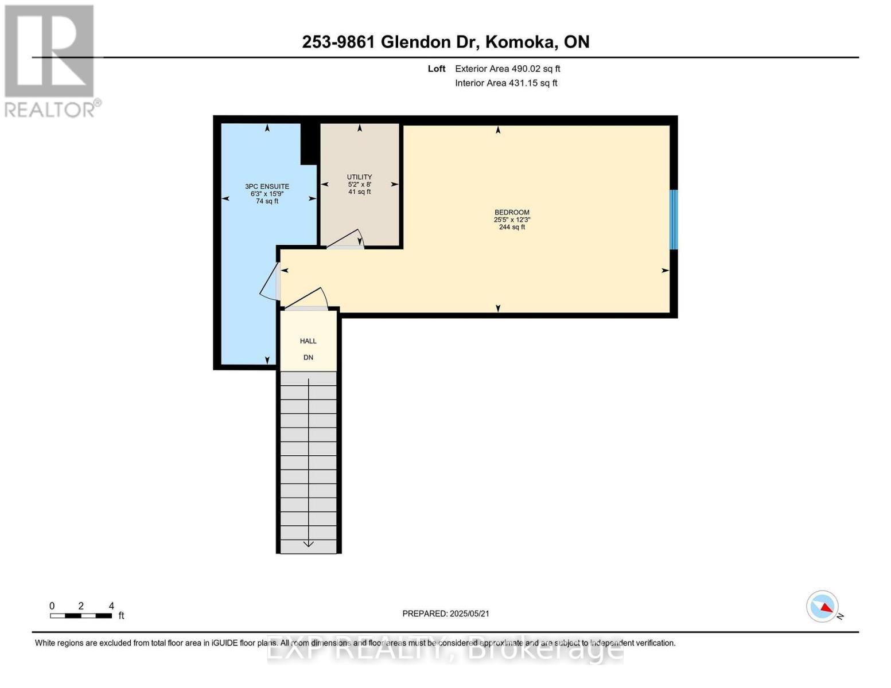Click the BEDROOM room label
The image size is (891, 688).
[512, 212]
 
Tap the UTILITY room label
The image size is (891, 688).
[359, 177]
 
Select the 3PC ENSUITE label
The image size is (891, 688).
[267, 186]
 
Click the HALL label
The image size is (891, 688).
[308, 341]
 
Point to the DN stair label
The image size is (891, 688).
[308, 358]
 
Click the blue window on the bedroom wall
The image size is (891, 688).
[674, 220]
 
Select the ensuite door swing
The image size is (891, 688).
[270, 283]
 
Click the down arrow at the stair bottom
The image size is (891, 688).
[309, 542]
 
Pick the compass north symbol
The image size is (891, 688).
[823, 607]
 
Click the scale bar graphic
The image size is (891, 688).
[81, 616]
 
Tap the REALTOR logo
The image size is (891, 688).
[50, 60]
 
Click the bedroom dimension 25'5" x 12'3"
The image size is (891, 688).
[512, 220]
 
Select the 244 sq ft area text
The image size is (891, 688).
[512, 227]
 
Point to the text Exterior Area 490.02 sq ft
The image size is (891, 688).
[507, 69]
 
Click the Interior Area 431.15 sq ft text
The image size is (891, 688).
[506, 83]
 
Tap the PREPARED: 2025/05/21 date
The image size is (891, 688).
[446, 613]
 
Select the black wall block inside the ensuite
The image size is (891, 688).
[309, 144]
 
